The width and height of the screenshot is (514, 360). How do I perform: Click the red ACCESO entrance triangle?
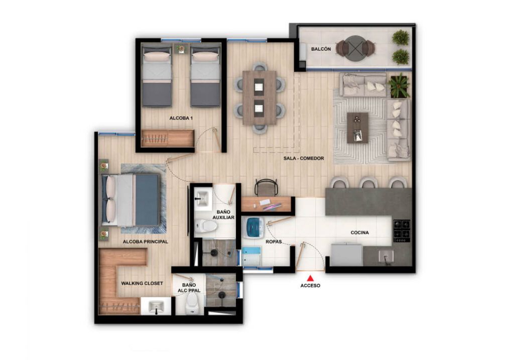[x=310, y=278]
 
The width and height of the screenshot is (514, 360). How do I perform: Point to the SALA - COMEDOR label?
[x=304, y=158]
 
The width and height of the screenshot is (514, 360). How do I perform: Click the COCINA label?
[x=360, y=233]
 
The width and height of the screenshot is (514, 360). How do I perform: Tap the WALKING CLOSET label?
[x=142, y=283]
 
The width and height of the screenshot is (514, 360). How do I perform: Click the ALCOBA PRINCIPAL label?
[x=145, y=242]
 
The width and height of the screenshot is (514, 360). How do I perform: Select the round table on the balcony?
[x=355, y=48]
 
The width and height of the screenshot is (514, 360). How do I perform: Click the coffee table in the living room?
[x=357, y=128]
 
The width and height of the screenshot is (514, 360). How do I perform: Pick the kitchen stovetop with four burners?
[x=402, y=229]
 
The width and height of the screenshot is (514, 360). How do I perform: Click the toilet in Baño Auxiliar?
[x=206, y=226]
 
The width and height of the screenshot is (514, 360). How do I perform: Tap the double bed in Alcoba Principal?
[x=131, y=200]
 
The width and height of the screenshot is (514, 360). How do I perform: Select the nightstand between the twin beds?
[x=181, y=49]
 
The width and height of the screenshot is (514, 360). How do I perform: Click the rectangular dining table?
[x=259, y=97]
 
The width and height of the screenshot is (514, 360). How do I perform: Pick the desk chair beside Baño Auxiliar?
[x=265, y=187]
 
